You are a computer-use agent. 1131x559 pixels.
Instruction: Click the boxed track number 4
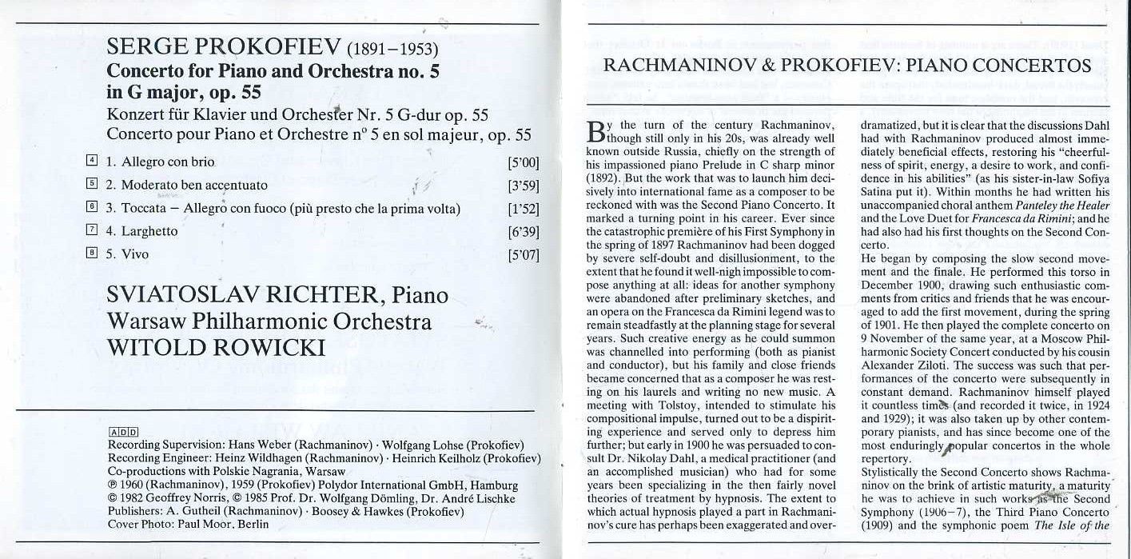(x=92, y=161)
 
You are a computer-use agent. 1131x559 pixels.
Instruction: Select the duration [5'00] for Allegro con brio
(x=524, y=162)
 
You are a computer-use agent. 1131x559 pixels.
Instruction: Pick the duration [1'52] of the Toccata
(x=524, y=209)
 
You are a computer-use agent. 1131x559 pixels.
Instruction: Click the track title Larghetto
(x=149, y=232)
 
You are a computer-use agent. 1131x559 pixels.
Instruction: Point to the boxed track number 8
(x=92, y=254)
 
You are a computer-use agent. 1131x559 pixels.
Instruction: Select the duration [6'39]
(x=524, y=232)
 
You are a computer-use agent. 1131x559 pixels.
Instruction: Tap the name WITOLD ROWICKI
(x=216, y=348)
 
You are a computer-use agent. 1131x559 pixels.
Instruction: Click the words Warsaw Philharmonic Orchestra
(x=269, y=321)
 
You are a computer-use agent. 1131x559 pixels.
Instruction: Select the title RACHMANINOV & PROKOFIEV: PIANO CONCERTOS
(x=846, y=66)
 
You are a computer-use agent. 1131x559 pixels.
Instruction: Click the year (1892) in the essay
(x=602, y=178)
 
